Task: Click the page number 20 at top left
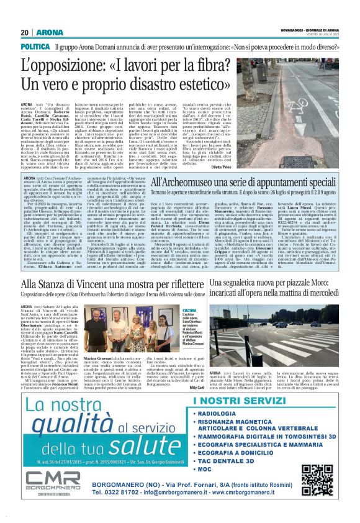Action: click(x=25, y=32)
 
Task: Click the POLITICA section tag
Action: click(x=35, y=47)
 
